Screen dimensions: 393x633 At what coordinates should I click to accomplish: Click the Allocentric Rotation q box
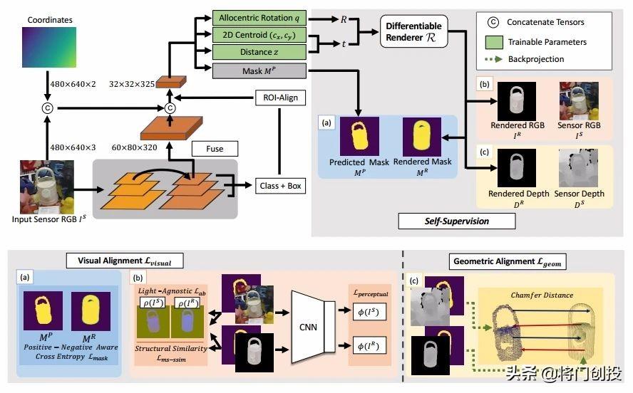pos(259,19)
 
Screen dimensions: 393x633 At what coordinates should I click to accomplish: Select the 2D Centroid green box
pos(259,36)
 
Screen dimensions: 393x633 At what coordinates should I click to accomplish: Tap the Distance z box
pos(259,53)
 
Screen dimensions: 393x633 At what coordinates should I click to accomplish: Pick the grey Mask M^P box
pos(259,70)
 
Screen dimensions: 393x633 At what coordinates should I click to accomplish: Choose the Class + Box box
pos(278,186)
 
